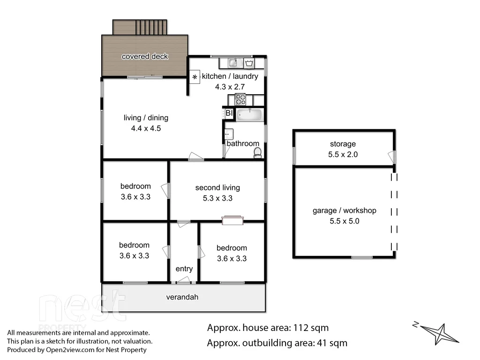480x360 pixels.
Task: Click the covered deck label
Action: [145, 57]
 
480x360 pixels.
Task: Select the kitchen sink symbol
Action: [234, 62]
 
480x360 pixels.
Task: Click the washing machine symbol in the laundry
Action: [249, 62]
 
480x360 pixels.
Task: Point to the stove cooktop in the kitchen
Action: [240, 99]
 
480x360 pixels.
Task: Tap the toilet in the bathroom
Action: [257, 153]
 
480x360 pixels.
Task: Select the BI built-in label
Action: [229, 113]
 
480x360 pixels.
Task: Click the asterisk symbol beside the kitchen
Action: [195, 77]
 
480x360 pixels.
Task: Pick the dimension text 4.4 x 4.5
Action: [146, 128]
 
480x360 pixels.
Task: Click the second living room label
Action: [217, 187]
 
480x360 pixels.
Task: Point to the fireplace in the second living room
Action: [232, 220]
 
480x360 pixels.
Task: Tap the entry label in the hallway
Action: [184, 269]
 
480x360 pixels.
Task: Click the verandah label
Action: [183, 297]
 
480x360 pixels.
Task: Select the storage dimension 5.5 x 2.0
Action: [343, 154]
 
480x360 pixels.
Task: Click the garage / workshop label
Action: [345, 210]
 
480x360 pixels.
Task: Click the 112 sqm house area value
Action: [310, 328]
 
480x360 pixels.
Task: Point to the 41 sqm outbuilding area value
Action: [331, 343]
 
